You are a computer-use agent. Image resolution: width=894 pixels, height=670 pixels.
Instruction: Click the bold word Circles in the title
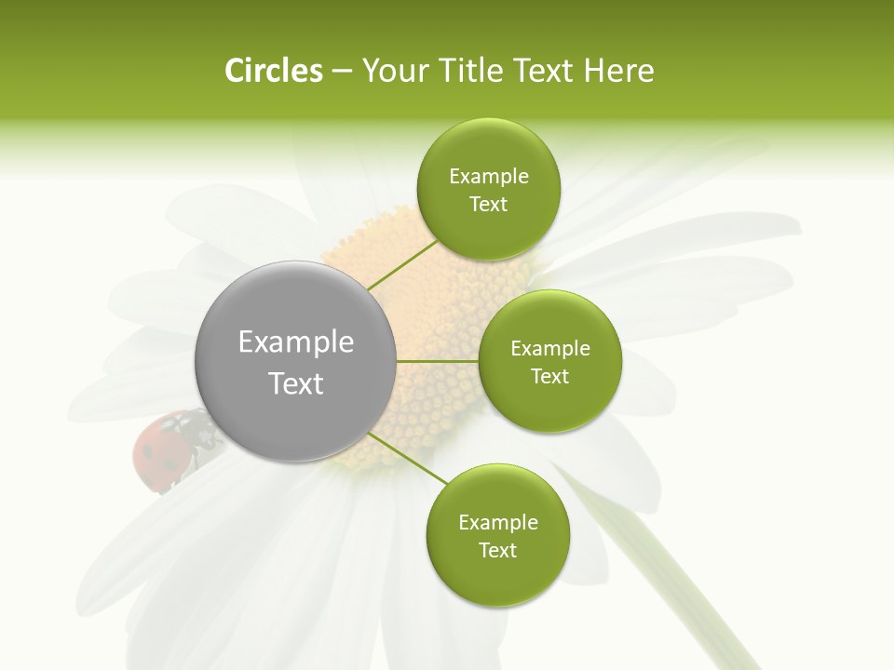point(274,71)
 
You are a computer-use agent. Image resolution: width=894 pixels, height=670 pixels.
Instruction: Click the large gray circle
point(295,362)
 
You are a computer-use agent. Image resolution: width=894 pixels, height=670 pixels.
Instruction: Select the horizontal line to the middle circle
point(438,361)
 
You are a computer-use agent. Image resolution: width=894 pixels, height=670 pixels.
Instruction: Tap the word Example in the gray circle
point(295,342)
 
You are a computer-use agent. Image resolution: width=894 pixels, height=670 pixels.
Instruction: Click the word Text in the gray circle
point(295,383)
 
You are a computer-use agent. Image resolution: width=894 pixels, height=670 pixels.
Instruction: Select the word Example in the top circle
point(488,177)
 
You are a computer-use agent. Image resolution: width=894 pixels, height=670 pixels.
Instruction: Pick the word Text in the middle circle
point(549,377)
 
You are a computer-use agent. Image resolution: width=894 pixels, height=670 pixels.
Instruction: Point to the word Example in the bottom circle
point(497,523)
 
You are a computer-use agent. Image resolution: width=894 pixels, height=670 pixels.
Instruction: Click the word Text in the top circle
point(488,205)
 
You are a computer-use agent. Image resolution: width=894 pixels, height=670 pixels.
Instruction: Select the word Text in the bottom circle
point(497,551)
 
